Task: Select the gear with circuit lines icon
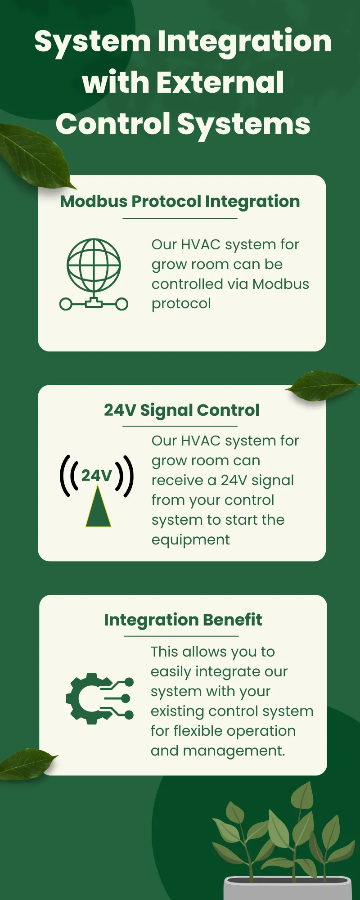(99, 698)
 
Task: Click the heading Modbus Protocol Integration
(180, 201)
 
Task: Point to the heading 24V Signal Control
(182, 410)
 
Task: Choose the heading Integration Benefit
(183, 620)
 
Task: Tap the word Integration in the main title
(244, 41)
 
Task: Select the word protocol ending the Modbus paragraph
(181, 304)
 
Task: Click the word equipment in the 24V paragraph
(190, 540)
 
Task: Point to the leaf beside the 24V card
(322, 385)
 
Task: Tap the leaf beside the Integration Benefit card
(27, 763)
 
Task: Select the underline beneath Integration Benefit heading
(181, 636)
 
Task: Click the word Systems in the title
(243, 124)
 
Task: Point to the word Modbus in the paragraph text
(281, 284)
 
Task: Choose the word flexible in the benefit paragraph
(203, 731)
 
